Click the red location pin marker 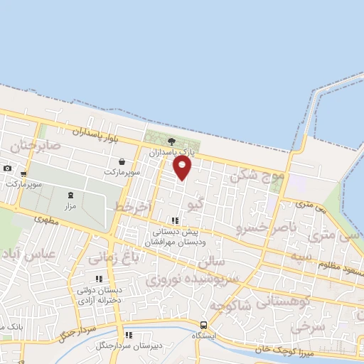pos(183,168)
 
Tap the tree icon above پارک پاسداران pos(171,142)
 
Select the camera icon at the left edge pos(7,168)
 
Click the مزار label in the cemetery pos(70,205)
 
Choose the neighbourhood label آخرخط pos(133,207)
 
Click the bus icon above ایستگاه pos(204,325)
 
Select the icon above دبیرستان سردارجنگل pos(129,335)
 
